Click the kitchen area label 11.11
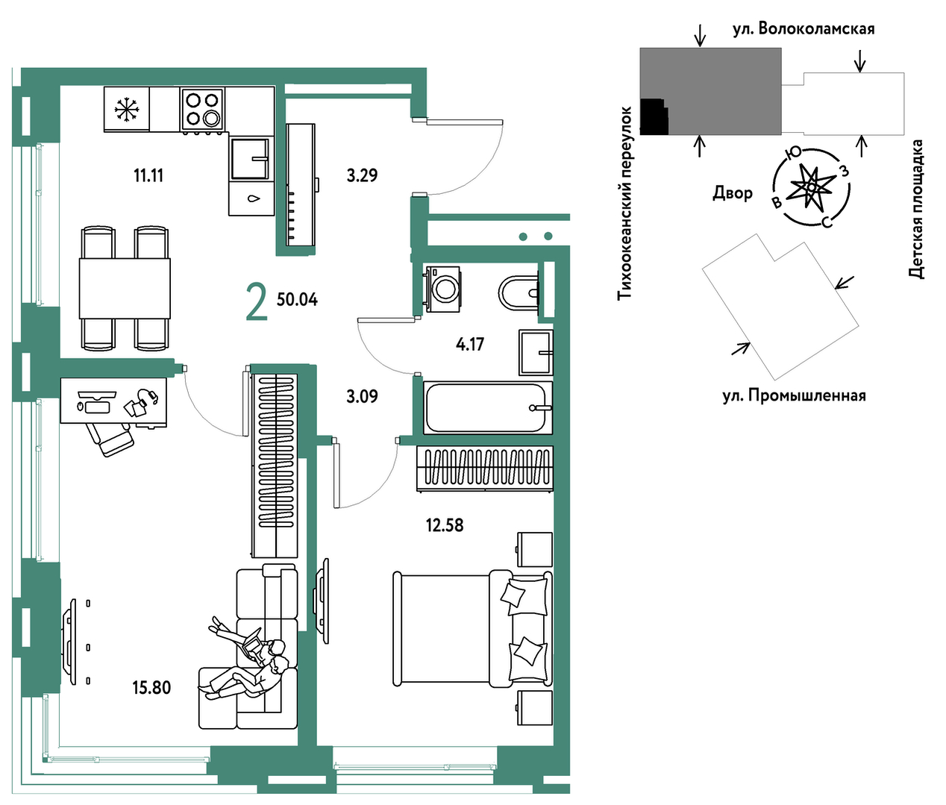tap(148, 175)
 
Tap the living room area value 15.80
tap(151, 687)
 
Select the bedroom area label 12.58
tap(445, 525)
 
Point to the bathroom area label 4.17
tap(469, 344)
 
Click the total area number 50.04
tap(297, 300)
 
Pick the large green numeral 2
tap(257, 301)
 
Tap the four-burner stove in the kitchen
tap(202, 110)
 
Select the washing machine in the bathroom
tap(442, 289)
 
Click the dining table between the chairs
tap(125, 288)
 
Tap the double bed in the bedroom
tap(472, 628)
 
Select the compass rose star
tap(810, 187)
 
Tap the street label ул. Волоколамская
tap(804, 29)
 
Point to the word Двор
tap(733, 193)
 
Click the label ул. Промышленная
tap(794, 395)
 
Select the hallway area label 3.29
tap(362, 175)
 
